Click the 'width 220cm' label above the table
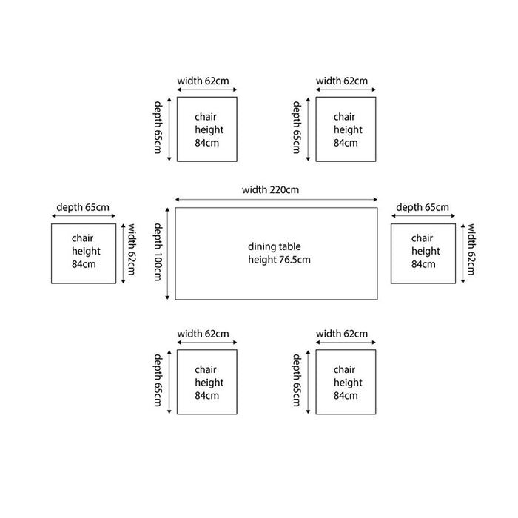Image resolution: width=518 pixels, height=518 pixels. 270,190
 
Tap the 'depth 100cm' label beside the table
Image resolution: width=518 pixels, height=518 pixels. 158,252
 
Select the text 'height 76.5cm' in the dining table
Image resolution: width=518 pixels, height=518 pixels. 279,260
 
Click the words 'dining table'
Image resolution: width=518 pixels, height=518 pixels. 275,246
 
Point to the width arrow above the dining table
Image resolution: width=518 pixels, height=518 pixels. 276,200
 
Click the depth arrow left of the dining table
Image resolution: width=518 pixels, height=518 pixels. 167,254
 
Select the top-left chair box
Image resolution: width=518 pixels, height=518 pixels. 207,129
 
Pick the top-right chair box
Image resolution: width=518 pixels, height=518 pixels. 346,129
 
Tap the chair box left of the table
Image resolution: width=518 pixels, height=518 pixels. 84,254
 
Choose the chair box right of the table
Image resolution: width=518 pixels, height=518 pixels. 423,254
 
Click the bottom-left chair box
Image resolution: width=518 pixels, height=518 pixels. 207,382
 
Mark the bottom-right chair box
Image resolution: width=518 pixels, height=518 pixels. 346,382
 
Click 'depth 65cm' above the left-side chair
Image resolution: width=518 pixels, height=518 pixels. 83,207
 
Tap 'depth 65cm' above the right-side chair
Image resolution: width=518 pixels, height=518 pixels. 423,207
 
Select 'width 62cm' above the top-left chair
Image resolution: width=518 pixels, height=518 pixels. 203,81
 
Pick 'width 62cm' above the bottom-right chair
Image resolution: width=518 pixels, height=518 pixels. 342,334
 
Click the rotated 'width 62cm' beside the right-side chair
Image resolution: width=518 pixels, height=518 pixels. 471,249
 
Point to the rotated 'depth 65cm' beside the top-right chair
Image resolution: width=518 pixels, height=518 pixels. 297,127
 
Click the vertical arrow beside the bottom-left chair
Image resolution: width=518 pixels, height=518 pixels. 169,382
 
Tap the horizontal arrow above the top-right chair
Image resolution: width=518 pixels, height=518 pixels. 346,90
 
